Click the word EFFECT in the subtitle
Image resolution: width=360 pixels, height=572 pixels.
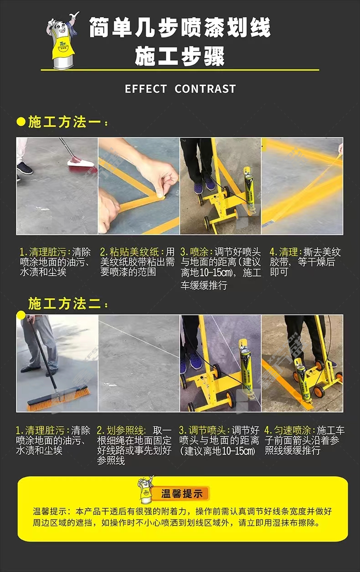[x=145, y=89]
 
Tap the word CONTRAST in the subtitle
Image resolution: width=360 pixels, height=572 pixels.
[x=205, y=89]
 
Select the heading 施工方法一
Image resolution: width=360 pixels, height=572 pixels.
[x=64, y=122]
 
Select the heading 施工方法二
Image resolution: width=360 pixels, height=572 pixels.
[x=64, y=304]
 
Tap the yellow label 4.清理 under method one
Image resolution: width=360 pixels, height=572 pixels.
[x=284, y=252]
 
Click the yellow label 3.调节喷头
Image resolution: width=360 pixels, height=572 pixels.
[x=202, y=430]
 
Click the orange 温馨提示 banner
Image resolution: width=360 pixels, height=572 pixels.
[x=181, y=494]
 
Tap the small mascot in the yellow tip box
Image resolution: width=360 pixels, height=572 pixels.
[x=145, y=489]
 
